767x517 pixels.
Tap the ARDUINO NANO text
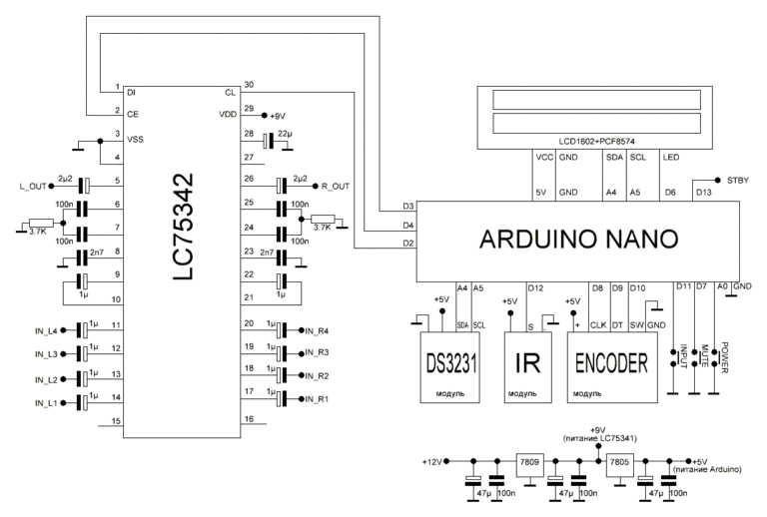pyautogui.click(x=578, y=239)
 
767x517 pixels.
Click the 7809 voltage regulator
pyautogui.click(x=529, y=462)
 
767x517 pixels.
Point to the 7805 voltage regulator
pyautogui.click(x=620, y=462)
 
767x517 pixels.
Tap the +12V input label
pyautogui.click(x=432, y=461)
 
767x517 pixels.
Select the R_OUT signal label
pyautogui.click(x=336, y=186)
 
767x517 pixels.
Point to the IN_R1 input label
pyautogui.click(x=319, y=399)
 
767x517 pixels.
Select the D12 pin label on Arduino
pyautogui.click(x=508, y=288)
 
